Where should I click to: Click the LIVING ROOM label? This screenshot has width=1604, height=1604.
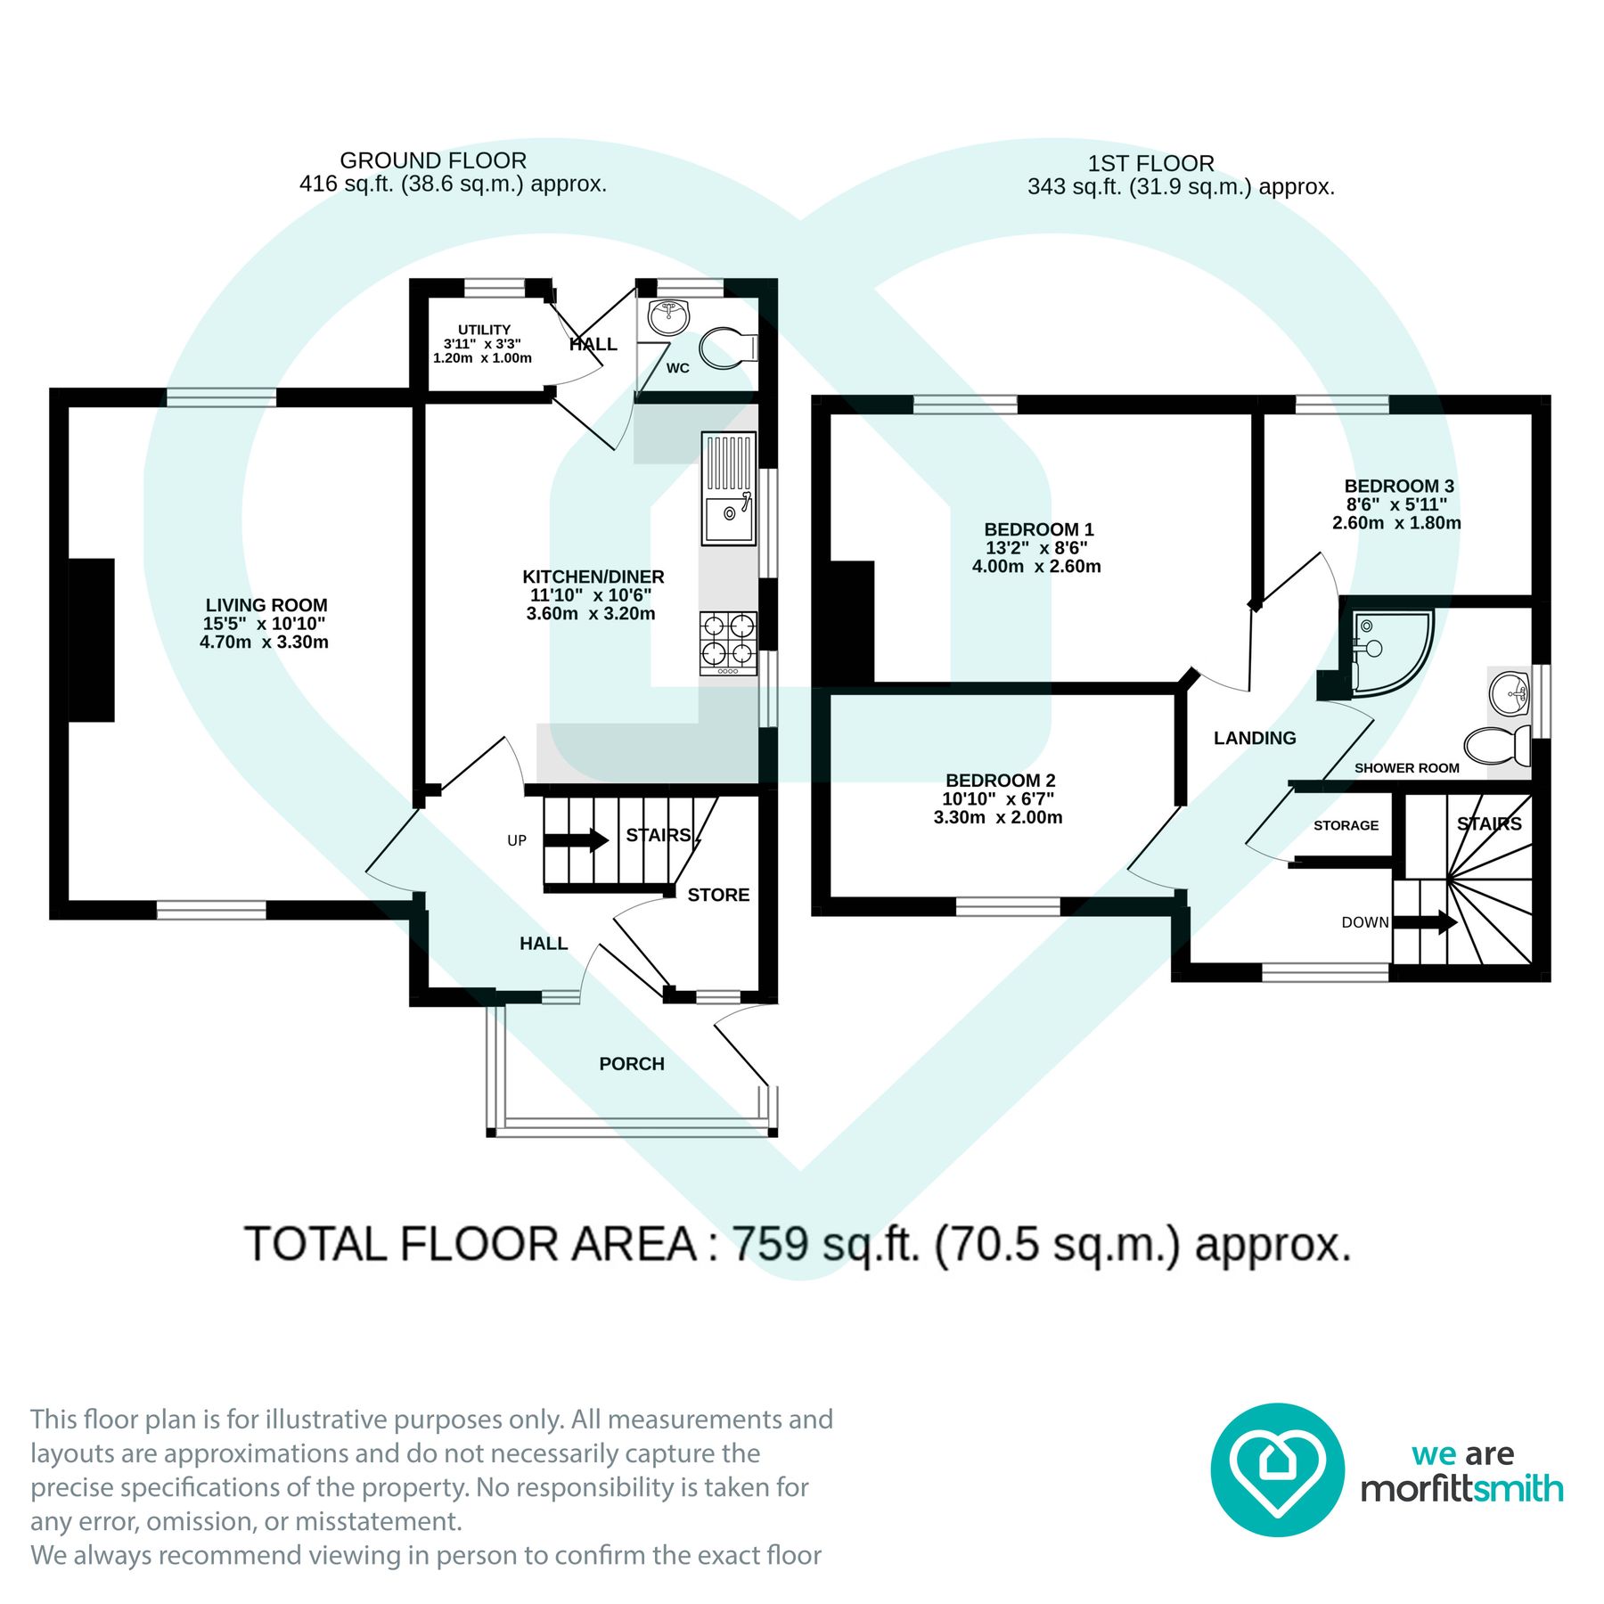click(x=266, y=605)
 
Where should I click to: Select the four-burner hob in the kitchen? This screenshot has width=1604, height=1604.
click(x=728, y=642)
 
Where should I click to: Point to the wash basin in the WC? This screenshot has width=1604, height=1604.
click(x=668, y=315)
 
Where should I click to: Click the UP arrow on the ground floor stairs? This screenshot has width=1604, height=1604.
click(x=575, y=839)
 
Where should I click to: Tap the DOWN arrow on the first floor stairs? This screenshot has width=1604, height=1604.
click(x=1424, y=922)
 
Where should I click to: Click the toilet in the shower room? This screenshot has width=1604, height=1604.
click(x=1497, y=745)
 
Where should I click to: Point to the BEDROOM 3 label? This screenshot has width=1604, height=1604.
click(x=1398, y=486)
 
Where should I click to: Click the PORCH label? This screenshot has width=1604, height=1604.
click(x=631, y=1063)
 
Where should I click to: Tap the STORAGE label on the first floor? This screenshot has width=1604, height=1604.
click(x=1346, y=825)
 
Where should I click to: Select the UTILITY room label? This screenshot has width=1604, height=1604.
click(x=484, y=330)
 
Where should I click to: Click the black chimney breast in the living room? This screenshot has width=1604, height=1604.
click(x=92, y=640)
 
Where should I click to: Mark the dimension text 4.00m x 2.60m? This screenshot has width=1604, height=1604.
click(x=1035, y=566)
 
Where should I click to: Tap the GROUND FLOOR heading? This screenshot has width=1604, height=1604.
click(x=433, y=160)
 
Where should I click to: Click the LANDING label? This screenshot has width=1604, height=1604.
click(x=1254, y=738)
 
